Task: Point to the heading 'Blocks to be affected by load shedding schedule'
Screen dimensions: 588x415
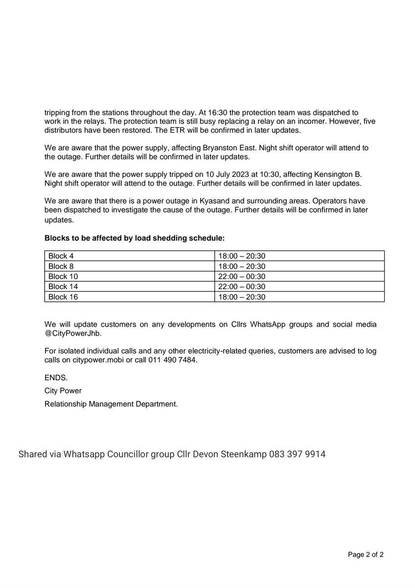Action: (x=135, y=238)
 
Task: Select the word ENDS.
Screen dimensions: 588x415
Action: (x=56, y=378)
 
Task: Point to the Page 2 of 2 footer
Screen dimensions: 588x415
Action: (x=366, y=555)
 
